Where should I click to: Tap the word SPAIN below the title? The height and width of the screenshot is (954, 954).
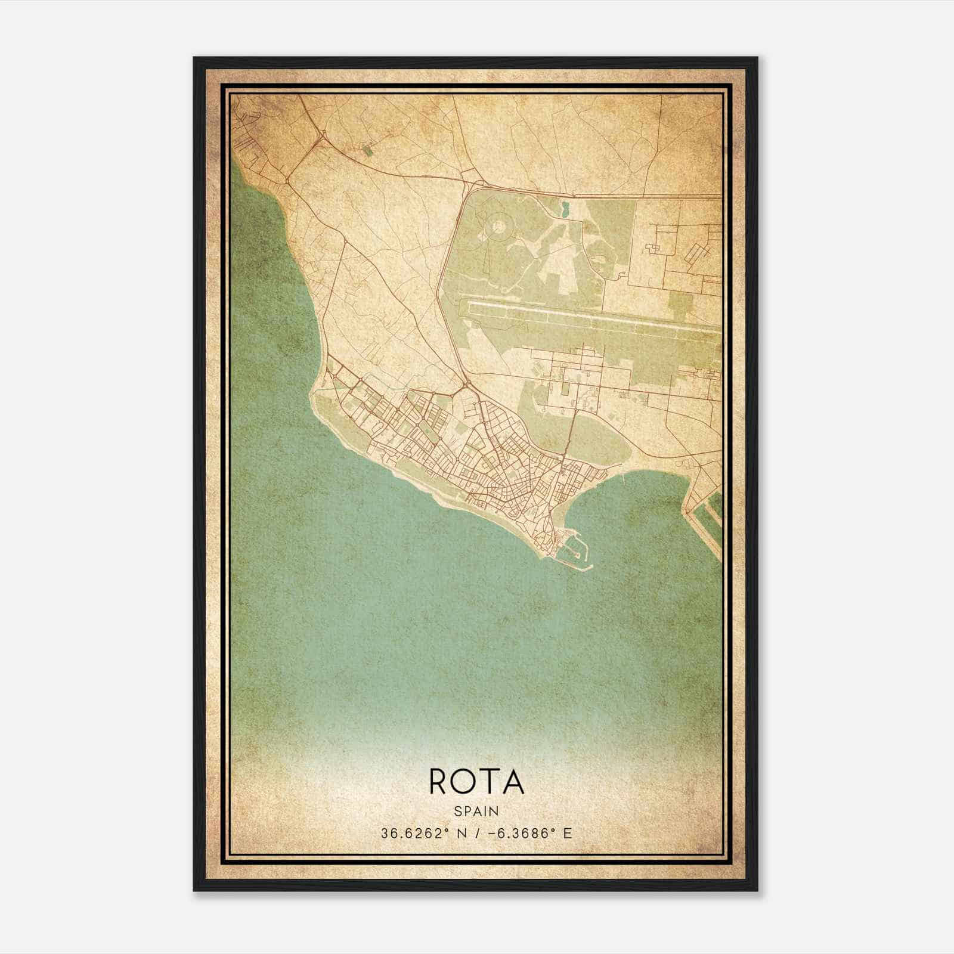pos(476,811)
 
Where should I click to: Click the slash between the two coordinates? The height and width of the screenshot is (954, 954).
pos(475,834)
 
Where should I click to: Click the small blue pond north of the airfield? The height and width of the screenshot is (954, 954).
pos(565,209)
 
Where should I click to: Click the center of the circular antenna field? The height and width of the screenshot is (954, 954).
pos(498,227)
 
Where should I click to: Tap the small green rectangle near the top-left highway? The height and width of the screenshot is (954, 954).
pos(367,150)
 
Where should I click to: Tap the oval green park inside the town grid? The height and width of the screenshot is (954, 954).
pos(428,427)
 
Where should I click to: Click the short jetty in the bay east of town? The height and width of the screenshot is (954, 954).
pos(622,477)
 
